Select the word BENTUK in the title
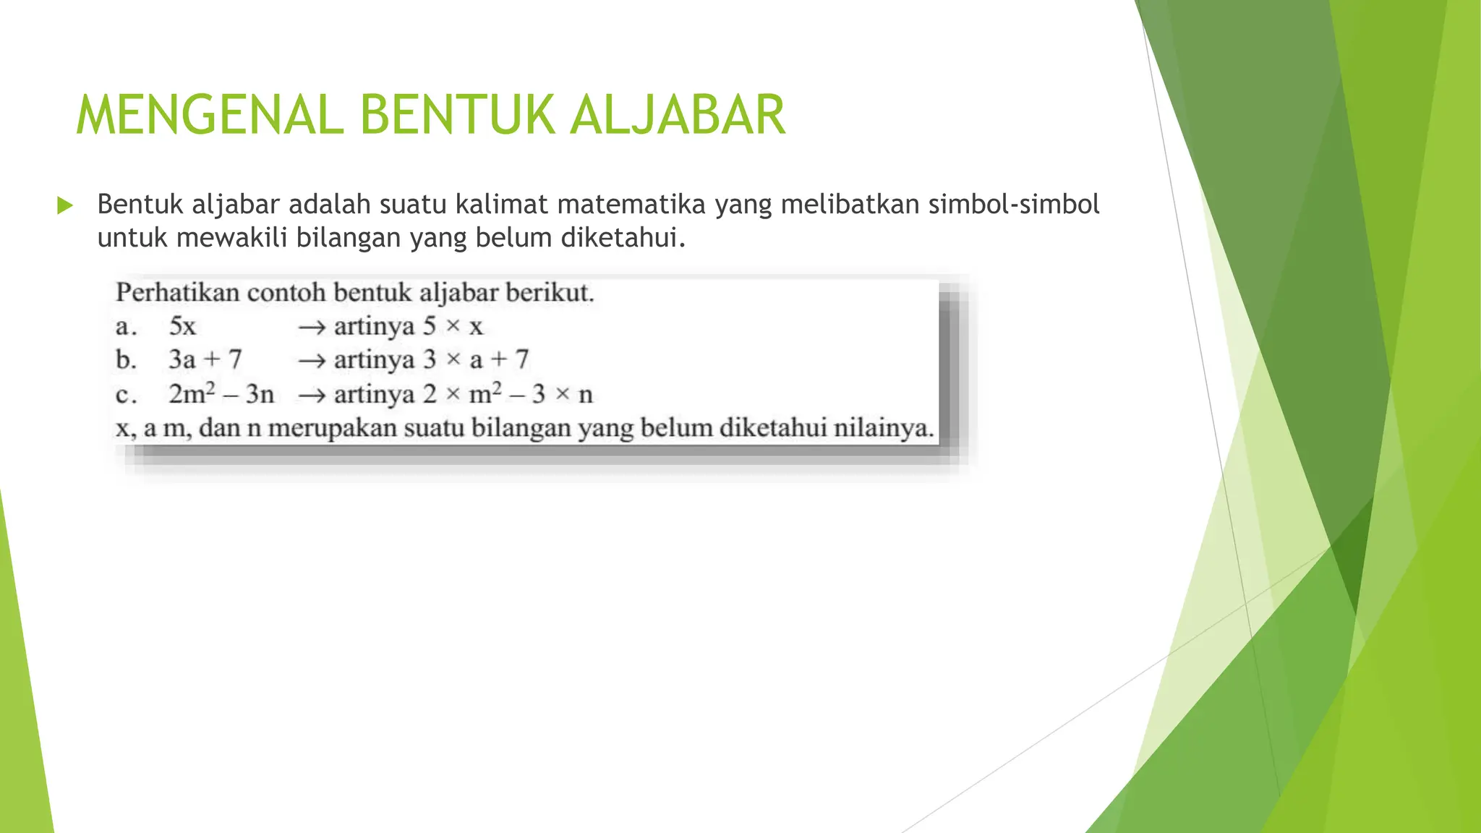coord(456,115)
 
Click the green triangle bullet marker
coord(65,205)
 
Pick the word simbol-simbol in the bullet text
coord(1014,205)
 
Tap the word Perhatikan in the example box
coord(177,293)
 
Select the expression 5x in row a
coord(182,327)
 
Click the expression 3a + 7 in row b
coord(205,359)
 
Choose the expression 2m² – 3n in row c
coord(221,394)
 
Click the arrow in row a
coord(312,328)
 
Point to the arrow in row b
coord(312,360)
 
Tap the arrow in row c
coord(312,395)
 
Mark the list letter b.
coord(126,359)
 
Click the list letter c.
coord(125,395)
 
